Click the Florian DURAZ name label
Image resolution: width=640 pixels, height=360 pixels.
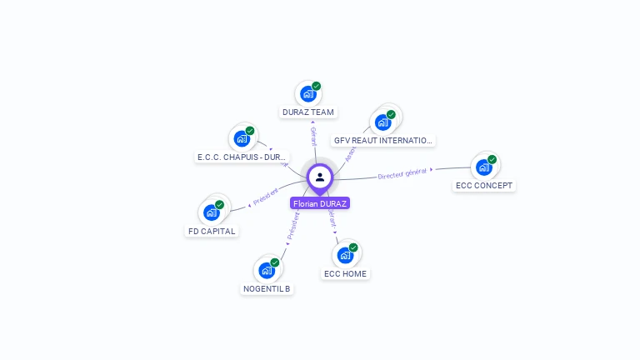[320, 203]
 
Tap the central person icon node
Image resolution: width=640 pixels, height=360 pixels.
[320, 177]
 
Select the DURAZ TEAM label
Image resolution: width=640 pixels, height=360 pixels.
[308, 112]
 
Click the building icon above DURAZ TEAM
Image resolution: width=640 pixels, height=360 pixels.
[307, 93]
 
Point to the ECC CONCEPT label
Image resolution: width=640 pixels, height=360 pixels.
[484, 186]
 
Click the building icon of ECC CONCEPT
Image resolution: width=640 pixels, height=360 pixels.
[483, 167]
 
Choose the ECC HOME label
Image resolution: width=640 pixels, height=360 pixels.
[345, 274]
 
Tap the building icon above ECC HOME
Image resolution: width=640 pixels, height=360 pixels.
[345, 255]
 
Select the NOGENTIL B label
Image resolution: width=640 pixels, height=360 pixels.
[267, 289]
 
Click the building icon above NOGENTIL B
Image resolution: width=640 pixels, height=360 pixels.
[267, 270]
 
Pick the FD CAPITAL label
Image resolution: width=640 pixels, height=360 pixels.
[212, 232]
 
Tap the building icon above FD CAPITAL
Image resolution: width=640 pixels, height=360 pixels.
[212, 212]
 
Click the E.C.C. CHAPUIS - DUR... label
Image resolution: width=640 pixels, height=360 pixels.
[242, 157]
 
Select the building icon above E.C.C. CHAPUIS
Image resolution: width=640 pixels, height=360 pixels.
[242, 138]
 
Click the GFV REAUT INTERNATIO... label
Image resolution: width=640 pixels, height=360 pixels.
[383, 141]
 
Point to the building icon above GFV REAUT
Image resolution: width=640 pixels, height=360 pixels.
[382, 122]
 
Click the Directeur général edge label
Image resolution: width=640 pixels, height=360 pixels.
[402, 173]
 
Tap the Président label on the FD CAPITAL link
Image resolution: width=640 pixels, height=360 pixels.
[266, 199]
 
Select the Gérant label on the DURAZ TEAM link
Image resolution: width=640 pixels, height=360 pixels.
[313, 136]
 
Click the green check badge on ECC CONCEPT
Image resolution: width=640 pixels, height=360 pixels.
[492, 159]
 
